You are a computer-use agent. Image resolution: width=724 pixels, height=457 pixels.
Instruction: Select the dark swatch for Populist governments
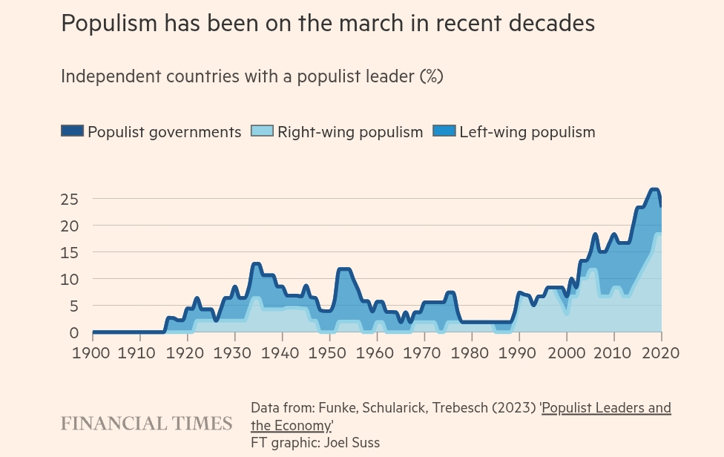pos(72,131)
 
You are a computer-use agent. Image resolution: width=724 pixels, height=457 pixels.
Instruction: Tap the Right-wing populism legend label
pos(350,132)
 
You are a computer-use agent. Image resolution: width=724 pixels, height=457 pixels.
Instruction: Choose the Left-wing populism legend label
pos(527,132)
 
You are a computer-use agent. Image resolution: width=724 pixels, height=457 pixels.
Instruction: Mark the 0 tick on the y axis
pos(73,332)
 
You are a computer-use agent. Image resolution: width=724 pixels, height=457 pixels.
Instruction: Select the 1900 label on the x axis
pos(92,352)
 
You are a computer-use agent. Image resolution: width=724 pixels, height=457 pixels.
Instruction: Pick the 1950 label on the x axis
pos(329,352)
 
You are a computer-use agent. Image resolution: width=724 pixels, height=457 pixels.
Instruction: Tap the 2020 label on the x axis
pos(660,352)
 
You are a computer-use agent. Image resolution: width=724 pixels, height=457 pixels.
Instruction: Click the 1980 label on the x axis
pos(471,352)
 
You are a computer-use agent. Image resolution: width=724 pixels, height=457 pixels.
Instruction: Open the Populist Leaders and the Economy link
pos(606,408)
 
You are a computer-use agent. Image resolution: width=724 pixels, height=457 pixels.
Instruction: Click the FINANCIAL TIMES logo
pos(146,424)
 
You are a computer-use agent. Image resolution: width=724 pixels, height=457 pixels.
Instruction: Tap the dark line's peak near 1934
pos(256,264)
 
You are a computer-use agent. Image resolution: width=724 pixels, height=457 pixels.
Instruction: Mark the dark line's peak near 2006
pos(595,235)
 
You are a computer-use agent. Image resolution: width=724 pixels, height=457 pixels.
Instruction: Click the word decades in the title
pos(551,24)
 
